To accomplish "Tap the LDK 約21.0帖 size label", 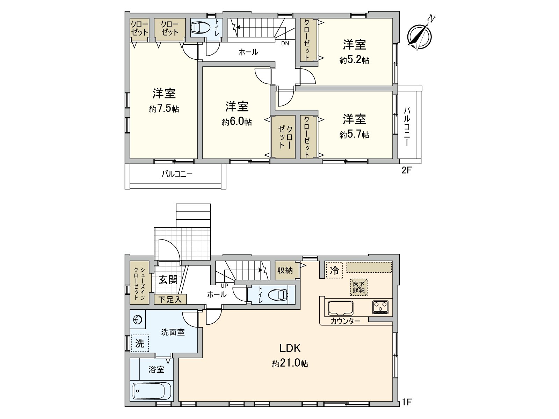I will pos(290,363).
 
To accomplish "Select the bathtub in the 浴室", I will pos(152,391).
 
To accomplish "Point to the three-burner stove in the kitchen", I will pos(380,307).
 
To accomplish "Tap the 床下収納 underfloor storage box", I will pos(359,287).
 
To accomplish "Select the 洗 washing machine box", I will pos(140,343).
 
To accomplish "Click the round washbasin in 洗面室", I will pos(138,319).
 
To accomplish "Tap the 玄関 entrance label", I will pos(168,280).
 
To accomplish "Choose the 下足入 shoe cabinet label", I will pos(170,300).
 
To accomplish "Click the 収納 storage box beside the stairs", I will pos(285,270).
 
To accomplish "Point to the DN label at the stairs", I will pos(285,44).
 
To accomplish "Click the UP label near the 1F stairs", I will pos(224,286).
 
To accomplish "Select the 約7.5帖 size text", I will pos(164,109).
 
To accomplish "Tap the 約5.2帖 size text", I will pos(354,60).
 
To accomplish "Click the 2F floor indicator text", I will pos(407,170).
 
